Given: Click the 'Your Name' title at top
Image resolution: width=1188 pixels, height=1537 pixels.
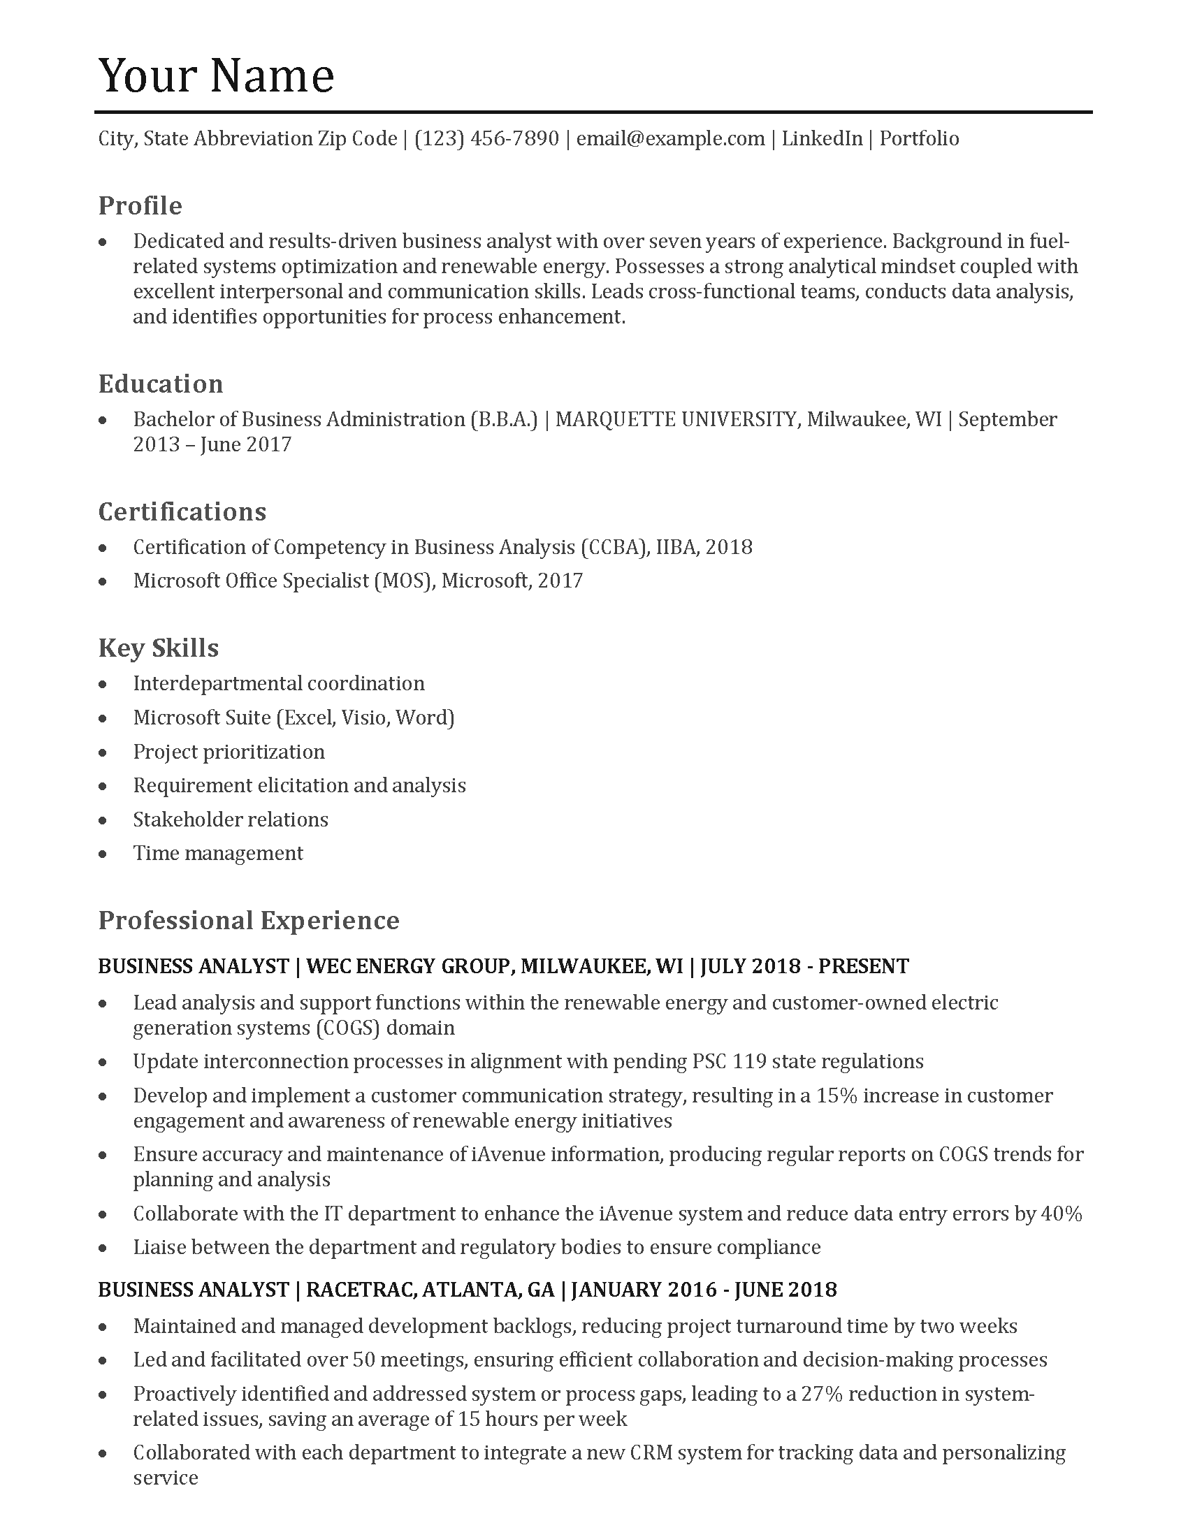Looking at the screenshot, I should point(216,75).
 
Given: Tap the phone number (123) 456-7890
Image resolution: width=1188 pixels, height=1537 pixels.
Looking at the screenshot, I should point(486,138).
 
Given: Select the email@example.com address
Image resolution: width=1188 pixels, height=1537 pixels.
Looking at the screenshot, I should point(670,138).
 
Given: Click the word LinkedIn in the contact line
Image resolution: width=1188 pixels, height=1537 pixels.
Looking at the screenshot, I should point(821,138).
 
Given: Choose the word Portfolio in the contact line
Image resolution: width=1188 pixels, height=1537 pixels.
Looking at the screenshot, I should point(918,138).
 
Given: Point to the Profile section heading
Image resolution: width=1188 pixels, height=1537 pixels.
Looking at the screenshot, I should point(140,206).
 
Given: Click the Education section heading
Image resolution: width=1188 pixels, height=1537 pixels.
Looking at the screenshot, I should point(161,384).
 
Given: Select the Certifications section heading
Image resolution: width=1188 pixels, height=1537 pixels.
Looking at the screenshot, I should point(182,511).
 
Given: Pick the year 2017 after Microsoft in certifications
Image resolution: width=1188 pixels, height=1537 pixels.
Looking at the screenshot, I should point(560,581).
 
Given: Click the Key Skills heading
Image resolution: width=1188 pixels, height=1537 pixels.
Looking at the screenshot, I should point(159,648).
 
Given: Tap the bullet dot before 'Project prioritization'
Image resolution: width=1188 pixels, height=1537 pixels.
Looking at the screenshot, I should point(103,752).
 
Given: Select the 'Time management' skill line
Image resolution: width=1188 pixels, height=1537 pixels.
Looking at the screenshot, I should point(218,853).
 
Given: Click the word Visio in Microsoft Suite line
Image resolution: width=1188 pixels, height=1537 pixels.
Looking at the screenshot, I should point(366,717).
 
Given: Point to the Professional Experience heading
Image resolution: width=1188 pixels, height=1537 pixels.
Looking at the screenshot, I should point(249,921).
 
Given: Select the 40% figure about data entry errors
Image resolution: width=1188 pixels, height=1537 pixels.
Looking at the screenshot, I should point(1061,1214).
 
